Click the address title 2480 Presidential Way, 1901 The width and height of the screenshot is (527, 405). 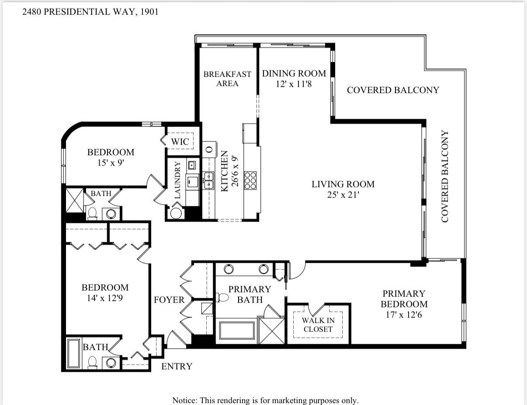click(90, 12)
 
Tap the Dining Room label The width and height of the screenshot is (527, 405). click(294, 74)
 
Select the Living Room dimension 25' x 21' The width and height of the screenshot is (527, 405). click(343, 195)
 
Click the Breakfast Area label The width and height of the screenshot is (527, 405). click(227, 79)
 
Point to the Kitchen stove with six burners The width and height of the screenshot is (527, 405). click(250, 180)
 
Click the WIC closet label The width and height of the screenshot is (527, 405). click(180, 141)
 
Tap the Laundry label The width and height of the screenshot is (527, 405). click(178, 180)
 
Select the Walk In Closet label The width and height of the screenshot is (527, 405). click(318, 325)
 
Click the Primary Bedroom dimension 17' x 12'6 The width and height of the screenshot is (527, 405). click(403, 315)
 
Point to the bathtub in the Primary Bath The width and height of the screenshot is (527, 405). click(236, 330)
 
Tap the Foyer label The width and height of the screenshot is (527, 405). click(169, 300)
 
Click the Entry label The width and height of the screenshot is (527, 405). click(177, 366)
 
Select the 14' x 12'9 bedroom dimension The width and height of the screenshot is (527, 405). click(105, 298)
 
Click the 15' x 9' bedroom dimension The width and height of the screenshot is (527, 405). click(110, 163)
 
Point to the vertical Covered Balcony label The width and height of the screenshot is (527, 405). click(445, 176)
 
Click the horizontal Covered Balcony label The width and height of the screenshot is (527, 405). click(392, 90)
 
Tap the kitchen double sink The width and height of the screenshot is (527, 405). click(208, 180)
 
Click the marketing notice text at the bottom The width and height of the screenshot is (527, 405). click(265, 400)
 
